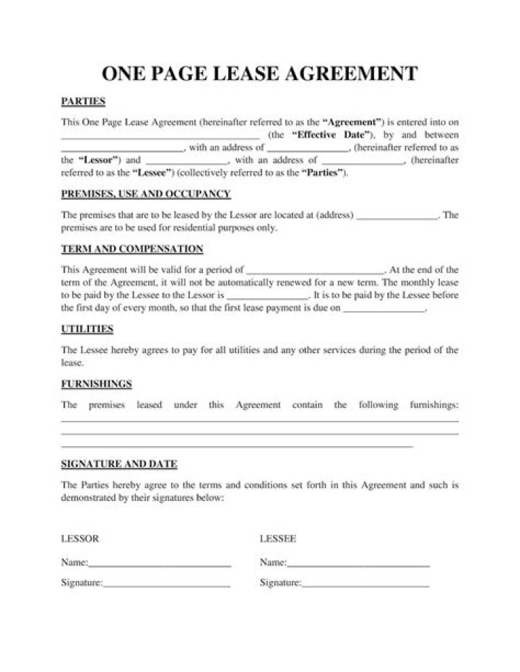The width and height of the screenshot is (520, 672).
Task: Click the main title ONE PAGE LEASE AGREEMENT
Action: click(x=260, y=74)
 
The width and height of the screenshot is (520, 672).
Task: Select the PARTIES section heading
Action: click(x=83, y=101)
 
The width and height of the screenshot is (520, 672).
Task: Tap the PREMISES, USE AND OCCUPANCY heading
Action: click(x=146, y=194)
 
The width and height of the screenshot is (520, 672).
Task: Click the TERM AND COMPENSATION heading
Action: click(x=132, y=249)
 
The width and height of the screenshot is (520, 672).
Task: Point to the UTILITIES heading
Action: click(x=87, y=329)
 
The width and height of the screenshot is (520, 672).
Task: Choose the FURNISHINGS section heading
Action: click(x=96, y=384)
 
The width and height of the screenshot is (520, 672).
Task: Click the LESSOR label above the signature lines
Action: click(x=79, y=539)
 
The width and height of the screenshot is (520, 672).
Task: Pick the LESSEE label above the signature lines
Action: click(x=278, y=539)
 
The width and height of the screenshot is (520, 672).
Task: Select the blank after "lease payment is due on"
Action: click(x=384, y=309)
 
